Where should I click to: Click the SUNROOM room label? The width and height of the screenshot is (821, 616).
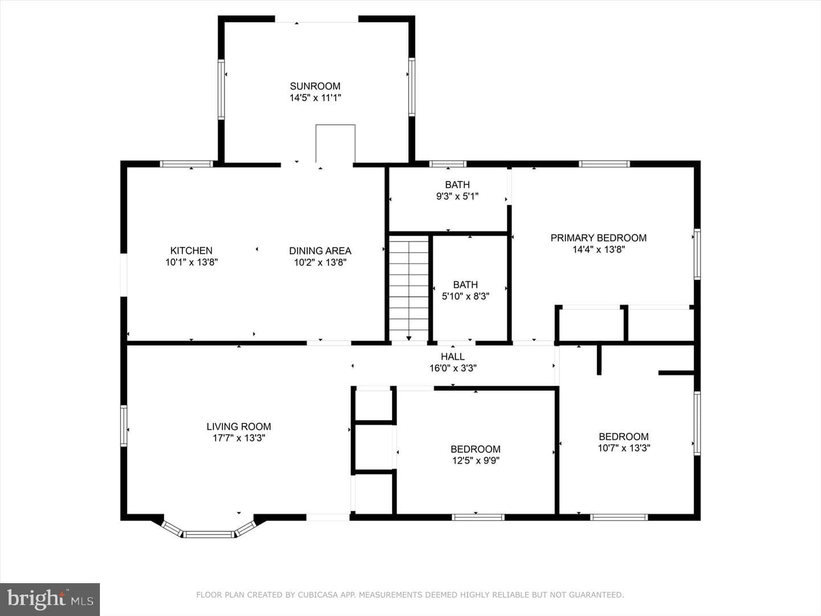[x=315, y=86]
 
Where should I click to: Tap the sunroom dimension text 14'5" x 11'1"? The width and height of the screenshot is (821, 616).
[x=315, y=98]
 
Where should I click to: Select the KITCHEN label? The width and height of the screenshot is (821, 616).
[x=191, y=250]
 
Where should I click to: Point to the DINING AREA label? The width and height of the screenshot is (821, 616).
[x=320, y=250]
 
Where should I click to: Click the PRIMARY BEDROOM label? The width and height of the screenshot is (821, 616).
[x=599, y=238]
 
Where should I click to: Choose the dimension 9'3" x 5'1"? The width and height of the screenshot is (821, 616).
[x=457, y=196]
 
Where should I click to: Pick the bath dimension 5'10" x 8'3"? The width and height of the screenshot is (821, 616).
[x=465, y=296]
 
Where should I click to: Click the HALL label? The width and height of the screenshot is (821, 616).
[x=453, y=356]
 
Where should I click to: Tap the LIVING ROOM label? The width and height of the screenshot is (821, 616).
[x=239, y=427]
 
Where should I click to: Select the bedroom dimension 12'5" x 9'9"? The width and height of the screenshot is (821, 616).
[x=475, y=460]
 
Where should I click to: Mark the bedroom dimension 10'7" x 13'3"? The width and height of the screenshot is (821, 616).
[x=624, y=448]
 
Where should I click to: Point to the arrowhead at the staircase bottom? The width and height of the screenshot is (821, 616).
[x=409, y=338]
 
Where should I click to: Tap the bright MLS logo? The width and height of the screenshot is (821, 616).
[x=50, y=599]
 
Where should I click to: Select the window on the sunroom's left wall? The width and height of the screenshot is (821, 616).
[x=221, y=90]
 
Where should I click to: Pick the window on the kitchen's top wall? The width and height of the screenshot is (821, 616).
[x=186, y=164]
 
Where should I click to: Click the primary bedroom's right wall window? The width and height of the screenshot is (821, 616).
[x=697, y=254]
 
